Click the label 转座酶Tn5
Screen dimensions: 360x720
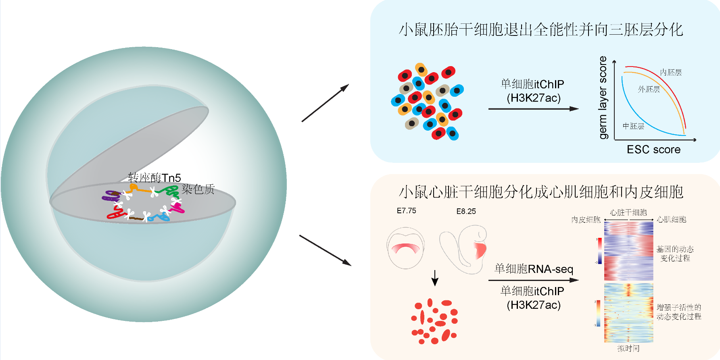154,177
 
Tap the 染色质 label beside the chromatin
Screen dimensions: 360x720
198,189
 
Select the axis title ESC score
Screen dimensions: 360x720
653,150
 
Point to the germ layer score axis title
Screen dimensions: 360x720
603,98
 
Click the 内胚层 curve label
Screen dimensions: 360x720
671,73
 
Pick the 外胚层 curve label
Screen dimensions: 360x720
649,89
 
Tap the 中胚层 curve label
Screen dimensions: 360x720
633,126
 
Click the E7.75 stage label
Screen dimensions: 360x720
406,211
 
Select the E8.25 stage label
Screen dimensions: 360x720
466,211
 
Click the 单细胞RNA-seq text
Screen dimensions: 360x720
534,269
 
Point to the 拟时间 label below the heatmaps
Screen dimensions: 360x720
628,348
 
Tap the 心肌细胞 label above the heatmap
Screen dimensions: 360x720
672,220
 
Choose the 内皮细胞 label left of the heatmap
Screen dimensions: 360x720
586,220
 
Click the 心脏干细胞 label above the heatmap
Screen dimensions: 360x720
628,212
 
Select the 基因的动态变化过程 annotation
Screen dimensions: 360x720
675,254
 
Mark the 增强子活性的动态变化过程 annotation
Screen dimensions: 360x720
679,312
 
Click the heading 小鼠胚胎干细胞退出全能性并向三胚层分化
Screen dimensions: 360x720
541,29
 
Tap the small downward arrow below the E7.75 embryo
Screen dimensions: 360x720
435,278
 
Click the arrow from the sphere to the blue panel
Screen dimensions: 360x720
325,103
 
